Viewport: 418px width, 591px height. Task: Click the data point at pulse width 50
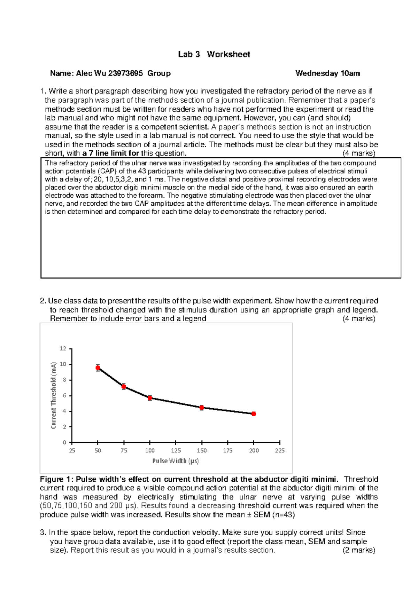click(x=98, y=368)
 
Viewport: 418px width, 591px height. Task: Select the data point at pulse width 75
click(x=124, y=387)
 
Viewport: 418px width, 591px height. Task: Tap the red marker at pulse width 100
click(x=150, y=398)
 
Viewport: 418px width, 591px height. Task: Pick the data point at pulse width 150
click(x=202, y=408)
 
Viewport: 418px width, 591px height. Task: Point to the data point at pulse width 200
click(x=254, y=414)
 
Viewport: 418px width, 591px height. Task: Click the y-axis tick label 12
click(x=63, y=348)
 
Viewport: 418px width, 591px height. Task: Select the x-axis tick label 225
click(x=280, y=451)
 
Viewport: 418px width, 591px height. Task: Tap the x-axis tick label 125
click(x=176, y=451)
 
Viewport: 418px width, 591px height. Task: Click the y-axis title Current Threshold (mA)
click(x=53, y=395)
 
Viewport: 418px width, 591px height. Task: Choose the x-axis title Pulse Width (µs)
click(x=176, y=461)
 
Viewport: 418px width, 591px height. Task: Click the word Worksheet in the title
click(x=229, y=54)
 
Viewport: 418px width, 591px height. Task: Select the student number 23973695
click(x=125, y=73)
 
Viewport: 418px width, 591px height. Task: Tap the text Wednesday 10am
click(x=327, y=73)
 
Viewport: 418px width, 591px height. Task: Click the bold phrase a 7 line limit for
click(x=111, y=153)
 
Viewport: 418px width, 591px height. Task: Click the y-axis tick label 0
click(x=64, y=443)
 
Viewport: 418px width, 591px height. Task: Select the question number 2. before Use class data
click(x=43, y=301)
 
